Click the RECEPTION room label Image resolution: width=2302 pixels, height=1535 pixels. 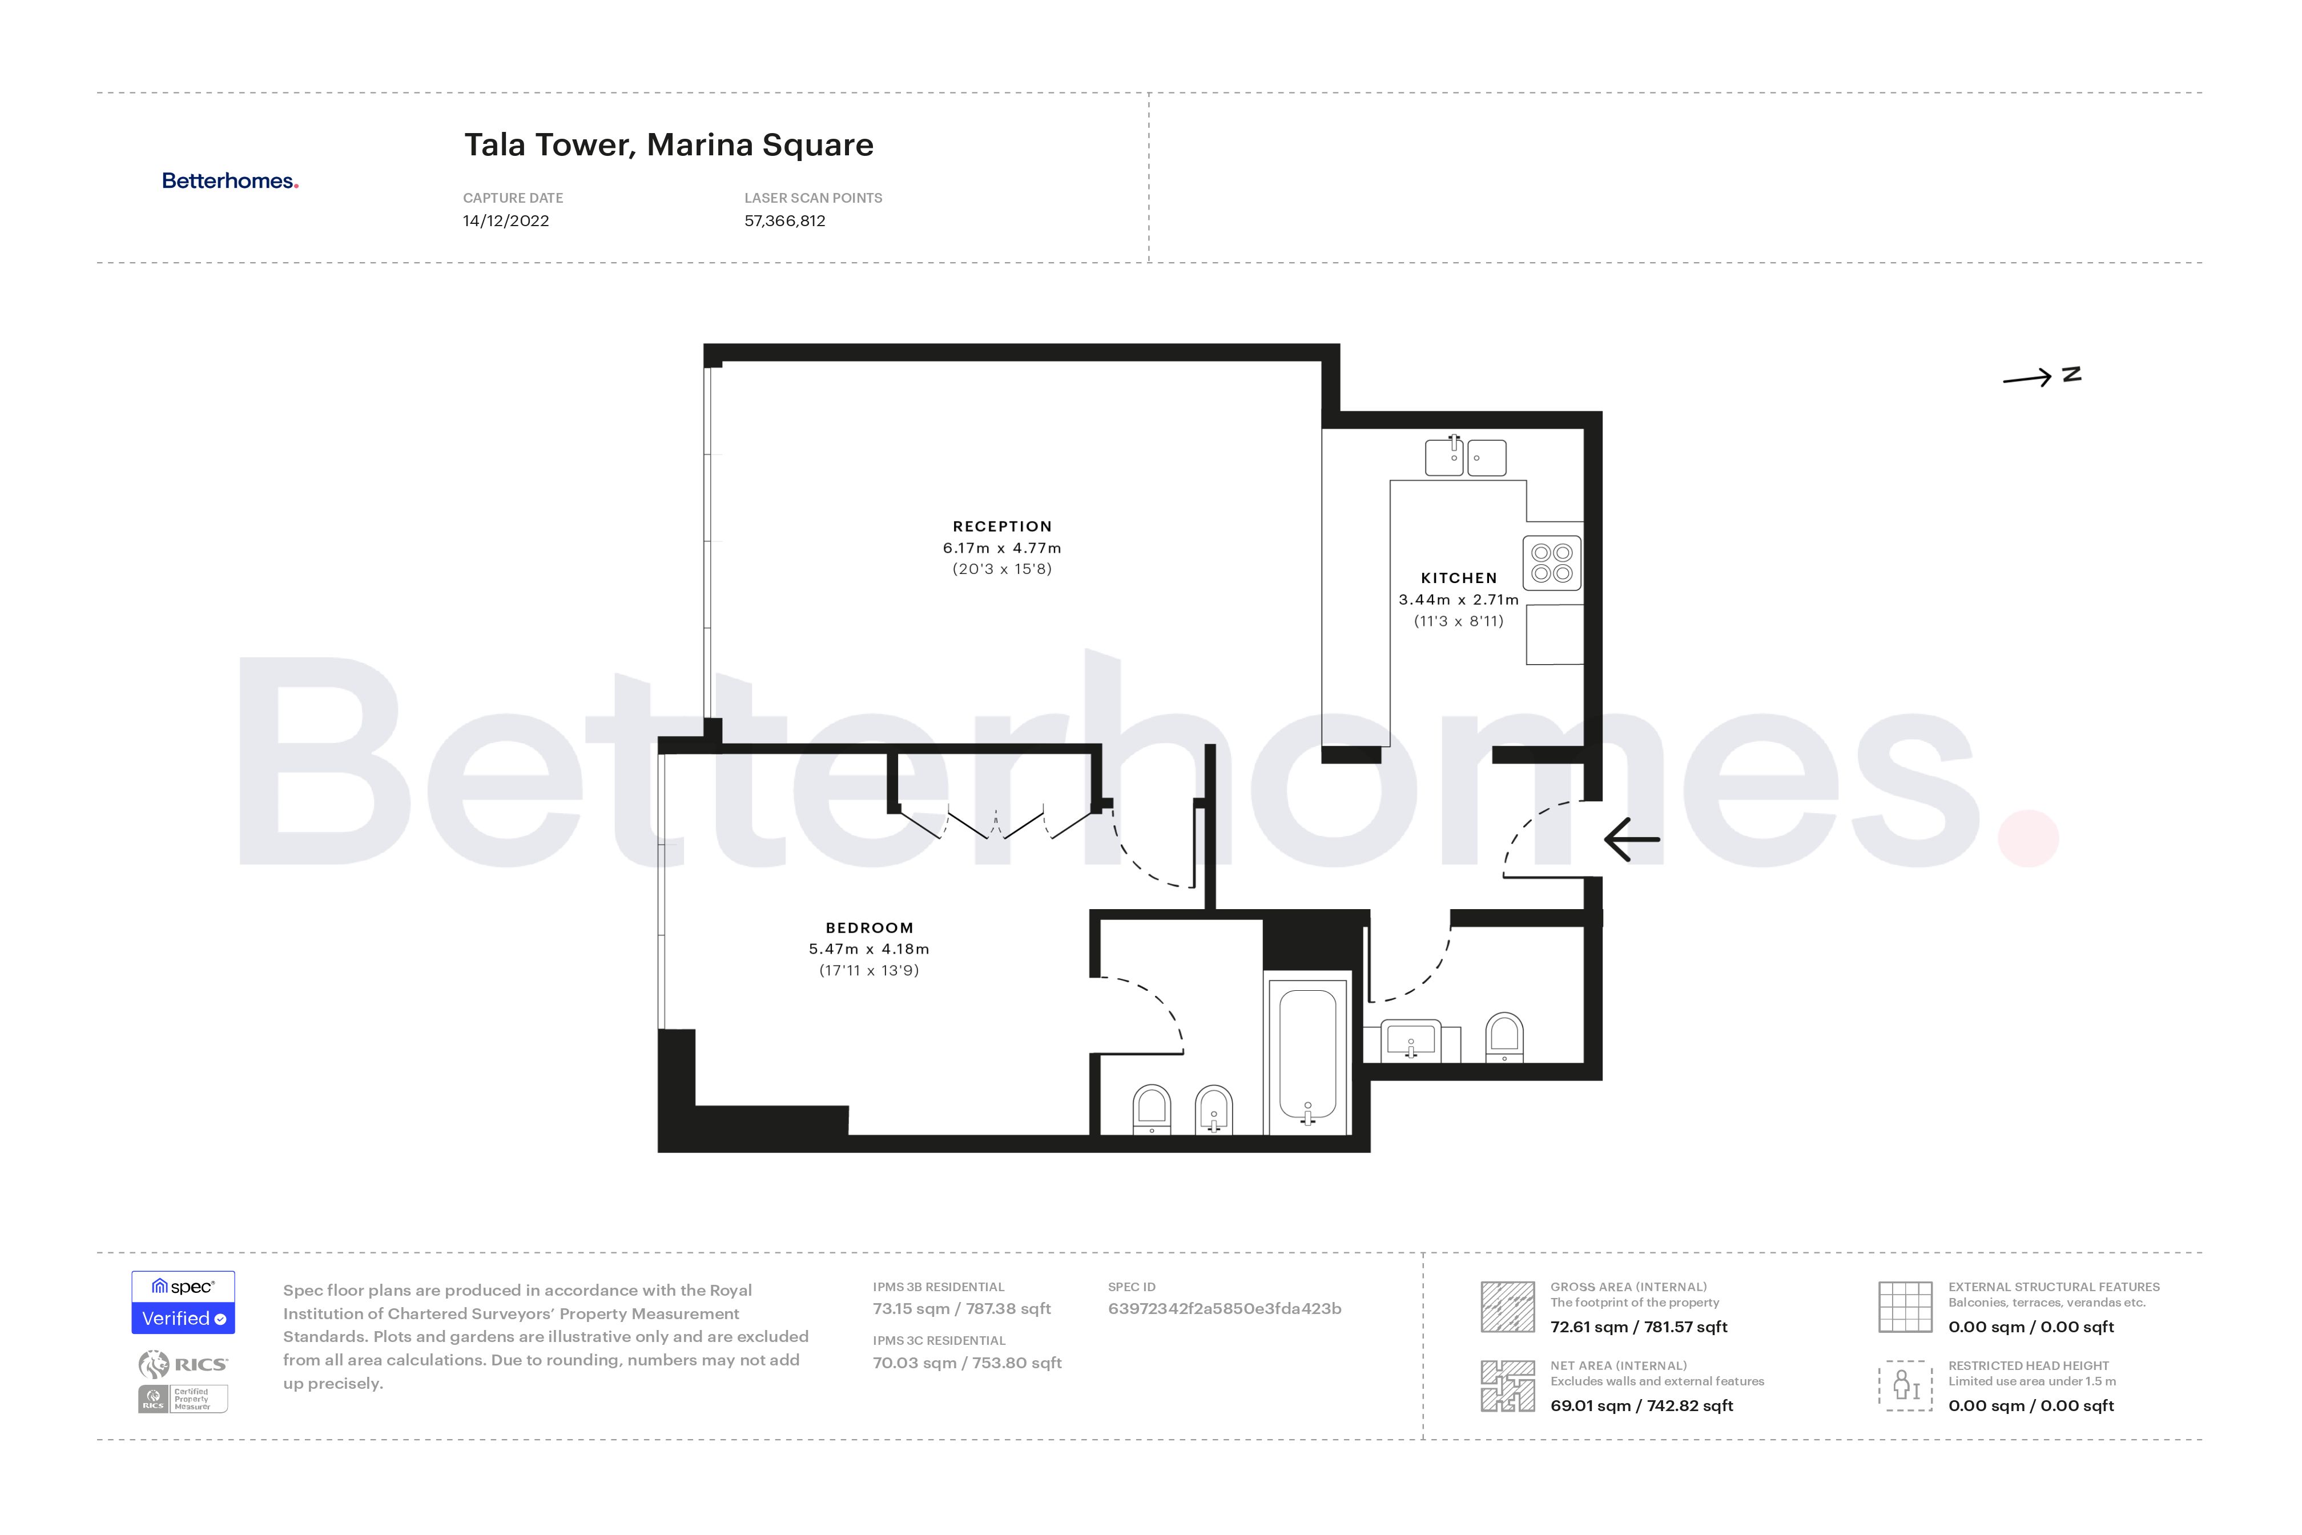1002,527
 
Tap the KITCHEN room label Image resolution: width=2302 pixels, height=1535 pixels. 1458,578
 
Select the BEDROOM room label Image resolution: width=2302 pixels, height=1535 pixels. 869,928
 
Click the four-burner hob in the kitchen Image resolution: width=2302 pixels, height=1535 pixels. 1552,563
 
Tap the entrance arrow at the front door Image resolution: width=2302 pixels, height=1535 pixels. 1632,839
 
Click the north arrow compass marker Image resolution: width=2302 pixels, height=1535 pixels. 2041,377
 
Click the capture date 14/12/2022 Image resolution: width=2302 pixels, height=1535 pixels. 506,221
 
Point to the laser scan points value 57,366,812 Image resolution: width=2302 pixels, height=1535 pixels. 785,221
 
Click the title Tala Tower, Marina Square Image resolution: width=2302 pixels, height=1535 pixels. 669,145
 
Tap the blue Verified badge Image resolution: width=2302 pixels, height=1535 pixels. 183,1317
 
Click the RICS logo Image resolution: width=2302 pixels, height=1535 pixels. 183,1364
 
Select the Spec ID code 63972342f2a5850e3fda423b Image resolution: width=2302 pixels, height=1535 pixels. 1225,1309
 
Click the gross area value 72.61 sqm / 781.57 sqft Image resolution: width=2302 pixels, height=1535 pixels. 1639,1328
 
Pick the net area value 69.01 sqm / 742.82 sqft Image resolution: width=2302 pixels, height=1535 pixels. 1641,1406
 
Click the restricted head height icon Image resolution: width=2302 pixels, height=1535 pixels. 1905,1385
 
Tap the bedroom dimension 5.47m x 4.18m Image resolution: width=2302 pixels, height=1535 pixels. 869,950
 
